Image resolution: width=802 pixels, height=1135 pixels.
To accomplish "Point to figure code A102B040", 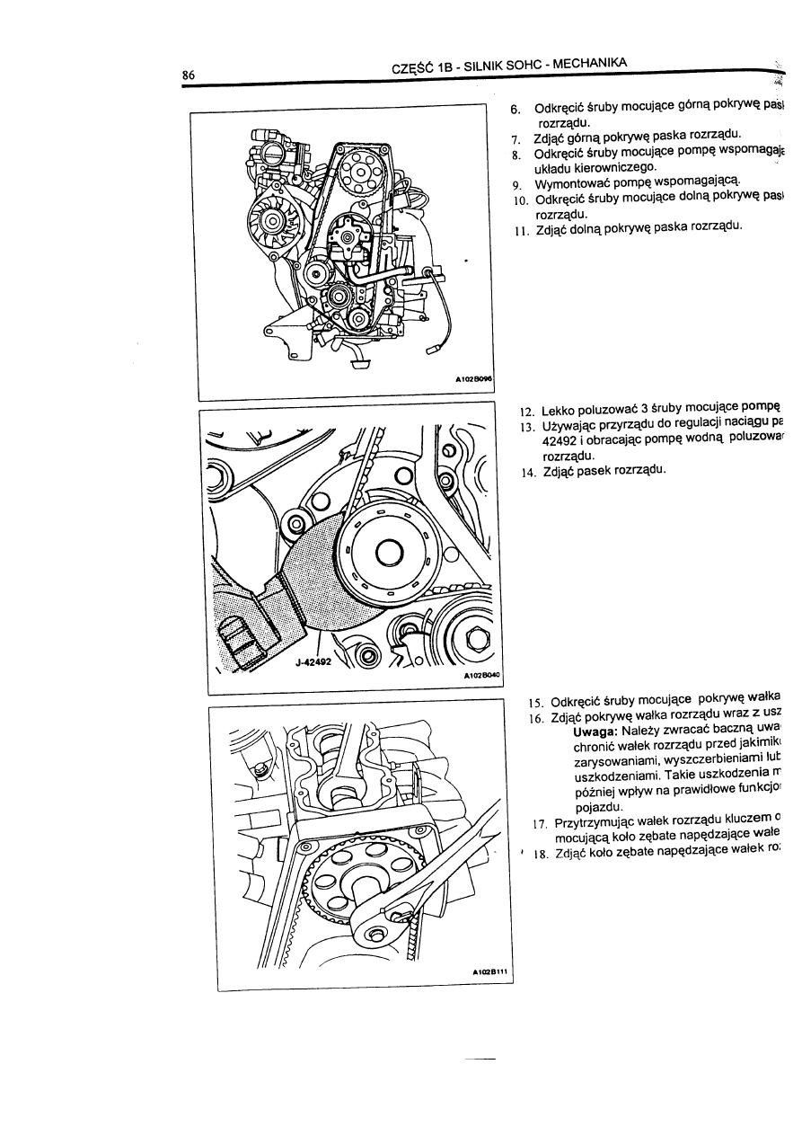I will coord(481,675).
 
